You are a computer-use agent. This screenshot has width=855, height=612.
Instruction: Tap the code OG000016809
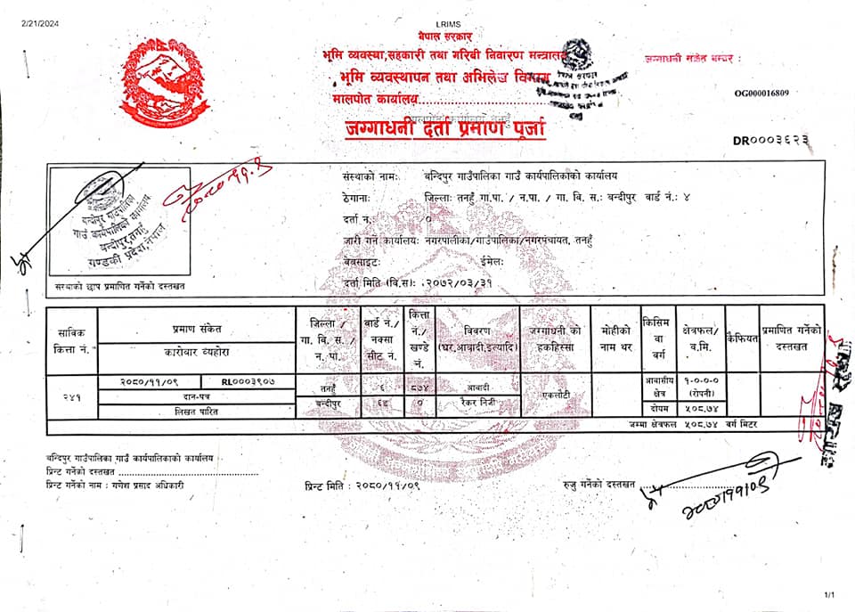point(761,92)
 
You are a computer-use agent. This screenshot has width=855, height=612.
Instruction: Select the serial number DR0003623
point(771,140)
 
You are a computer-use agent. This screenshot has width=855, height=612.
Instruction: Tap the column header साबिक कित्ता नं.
point(71,339)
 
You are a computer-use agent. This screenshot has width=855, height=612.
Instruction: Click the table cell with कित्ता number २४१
point(71,396)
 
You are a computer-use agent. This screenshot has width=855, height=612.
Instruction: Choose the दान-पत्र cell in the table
point(197,396)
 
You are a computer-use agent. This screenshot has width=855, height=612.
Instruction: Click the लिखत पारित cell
point(197,411)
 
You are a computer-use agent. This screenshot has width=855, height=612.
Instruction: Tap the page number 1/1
point(830,595)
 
